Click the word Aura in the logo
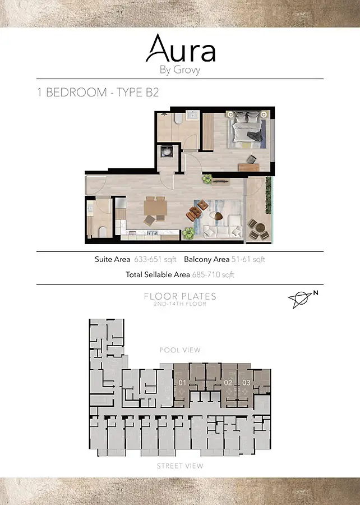click(181, 48)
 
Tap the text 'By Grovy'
click(180, 70)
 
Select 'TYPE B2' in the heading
click(138, 93)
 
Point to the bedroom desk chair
click(252, 159)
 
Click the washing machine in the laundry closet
click(167, 151)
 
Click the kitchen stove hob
click(151, 232)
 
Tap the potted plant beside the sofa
click(188, 233)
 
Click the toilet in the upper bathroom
click(178, 118)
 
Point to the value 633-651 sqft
click(155, 260)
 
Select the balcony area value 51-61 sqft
click(248, 260)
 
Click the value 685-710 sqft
click(213, 275)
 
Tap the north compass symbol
click(302, 299)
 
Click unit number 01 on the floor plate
click(182, 383)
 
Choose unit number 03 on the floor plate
click(246, 383)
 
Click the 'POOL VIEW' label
click(180, 350)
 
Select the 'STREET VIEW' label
click(180, 466)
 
